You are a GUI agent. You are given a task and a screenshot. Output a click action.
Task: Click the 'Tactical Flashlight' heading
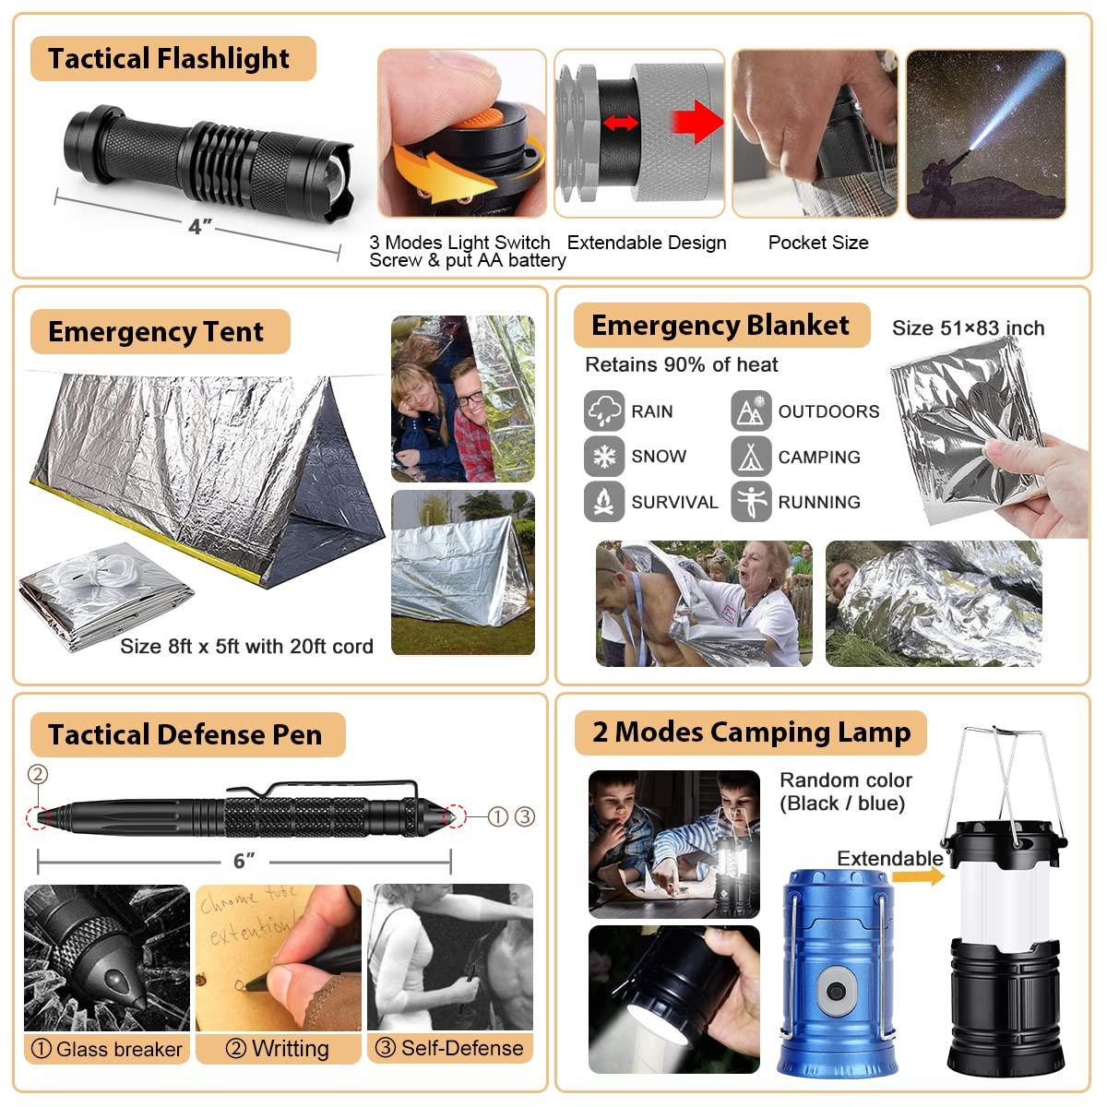169,59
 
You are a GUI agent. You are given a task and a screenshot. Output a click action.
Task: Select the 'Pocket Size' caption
818,243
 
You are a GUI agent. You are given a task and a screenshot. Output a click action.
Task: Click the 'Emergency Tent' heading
156,332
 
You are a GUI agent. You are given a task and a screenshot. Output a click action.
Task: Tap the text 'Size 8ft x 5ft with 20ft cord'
246,647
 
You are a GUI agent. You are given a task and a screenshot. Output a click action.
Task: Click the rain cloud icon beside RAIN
604,411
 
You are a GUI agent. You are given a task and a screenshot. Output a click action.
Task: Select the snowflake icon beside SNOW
604,457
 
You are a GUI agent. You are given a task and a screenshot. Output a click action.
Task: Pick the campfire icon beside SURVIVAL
604,502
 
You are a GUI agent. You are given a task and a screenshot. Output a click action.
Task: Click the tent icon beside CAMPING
751,457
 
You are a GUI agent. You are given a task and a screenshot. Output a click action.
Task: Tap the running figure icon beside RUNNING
751,502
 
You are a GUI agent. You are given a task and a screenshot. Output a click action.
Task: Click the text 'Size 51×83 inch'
968,328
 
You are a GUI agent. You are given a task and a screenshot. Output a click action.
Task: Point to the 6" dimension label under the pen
244,861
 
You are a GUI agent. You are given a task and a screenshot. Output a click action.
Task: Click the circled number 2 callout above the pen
38,775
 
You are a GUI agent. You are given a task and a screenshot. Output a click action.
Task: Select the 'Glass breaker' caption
107,1049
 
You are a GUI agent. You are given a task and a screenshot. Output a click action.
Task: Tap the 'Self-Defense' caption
450,1048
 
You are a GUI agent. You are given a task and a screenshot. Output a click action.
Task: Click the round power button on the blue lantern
836,991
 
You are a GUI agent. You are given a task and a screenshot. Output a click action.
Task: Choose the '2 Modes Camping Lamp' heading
751,732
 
